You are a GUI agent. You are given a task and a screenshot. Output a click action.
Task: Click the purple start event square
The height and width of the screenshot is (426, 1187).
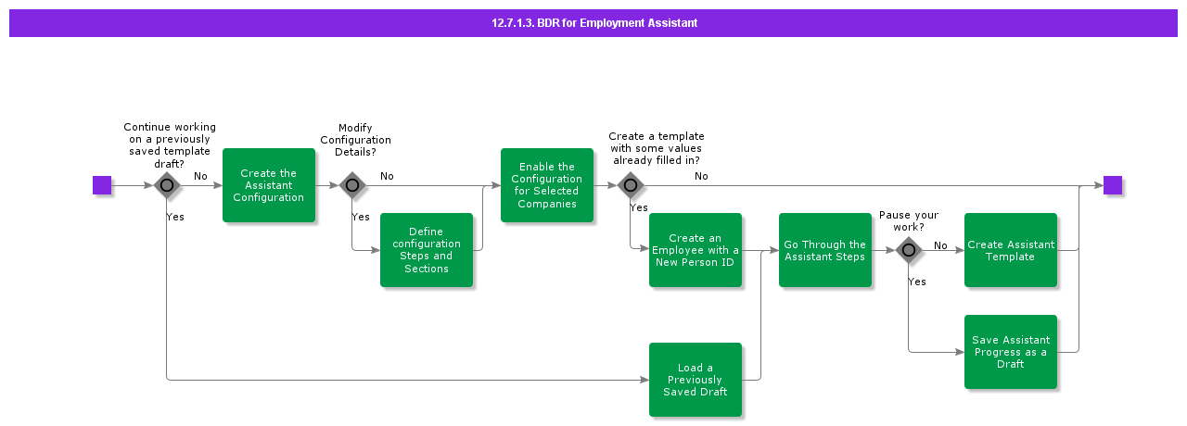coord(102,185)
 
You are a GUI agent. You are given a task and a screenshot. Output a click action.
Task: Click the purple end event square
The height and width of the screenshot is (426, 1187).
coord(1113,185)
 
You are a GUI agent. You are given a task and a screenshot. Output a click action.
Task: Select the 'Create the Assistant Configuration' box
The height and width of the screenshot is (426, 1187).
coord(269,185)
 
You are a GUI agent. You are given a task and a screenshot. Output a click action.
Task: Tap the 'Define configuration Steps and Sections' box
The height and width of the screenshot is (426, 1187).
coord(427,250)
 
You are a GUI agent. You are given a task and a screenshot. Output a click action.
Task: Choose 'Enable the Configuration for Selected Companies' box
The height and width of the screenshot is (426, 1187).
coord(547,185)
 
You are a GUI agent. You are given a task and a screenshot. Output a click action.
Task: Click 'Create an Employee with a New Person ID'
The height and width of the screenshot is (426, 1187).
coord(696,250)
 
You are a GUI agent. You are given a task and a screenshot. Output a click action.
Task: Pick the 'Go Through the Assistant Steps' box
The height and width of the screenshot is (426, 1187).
coord(825,250)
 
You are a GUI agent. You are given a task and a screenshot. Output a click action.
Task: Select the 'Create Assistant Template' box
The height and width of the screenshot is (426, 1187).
coord(1011,250)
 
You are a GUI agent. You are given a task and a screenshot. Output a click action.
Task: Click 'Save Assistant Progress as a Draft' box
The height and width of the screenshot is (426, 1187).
coord(1011,352)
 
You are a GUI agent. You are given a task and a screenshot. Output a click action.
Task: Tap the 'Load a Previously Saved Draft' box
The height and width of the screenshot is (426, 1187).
coord(696,380)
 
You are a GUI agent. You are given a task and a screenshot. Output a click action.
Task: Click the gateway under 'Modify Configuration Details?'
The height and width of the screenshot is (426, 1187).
coord(352,185)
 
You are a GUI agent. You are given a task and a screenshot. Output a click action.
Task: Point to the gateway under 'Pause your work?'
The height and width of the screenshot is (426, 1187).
coord(909,250)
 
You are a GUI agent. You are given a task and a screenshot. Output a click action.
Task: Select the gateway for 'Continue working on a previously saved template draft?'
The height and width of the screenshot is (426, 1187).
coord(167,185)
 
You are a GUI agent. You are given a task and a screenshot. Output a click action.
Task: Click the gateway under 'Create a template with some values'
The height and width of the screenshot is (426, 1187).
coord(631,185)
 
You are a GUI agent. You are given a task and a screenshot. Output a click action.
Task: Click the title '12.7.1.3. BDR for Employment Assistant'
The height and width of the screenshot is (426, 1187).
coord(594,23)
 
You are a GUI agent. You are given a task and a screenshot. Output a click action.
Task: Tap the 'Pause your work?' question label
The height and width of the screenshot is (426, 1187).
coord(909,221)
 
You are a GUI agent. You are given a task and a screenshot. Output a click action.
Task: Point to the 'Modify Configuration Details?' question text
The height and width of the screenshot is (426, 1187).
coord(355,140)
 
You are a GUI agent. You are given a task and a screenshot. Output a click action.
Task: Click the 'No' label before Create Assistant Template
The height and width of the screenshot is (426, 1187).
coord(940,245)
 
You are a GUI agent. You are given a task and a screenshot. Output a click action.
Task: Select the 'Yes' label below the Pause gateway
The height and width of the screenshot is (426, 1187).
coord(916,282)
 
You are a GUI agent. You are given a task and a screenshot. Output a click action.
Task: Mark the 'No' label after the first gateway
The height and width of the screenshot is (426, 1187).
coord(200,176)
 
